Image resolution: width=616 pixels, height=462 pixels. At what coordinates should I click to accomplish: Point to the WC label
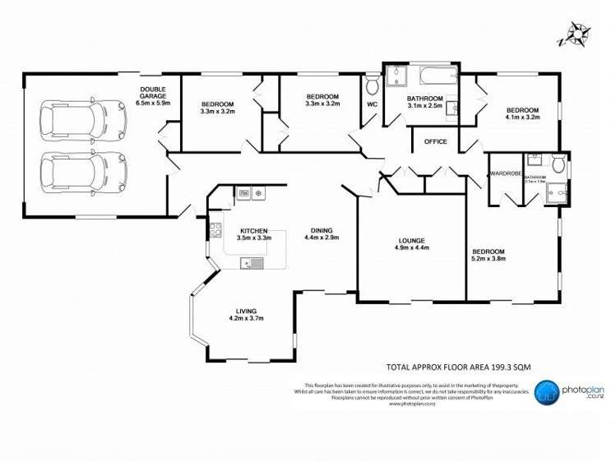[x=372, y=104]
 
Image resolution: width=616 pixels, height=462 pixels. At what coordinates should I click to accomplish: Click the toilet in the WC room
[x=372, y=85]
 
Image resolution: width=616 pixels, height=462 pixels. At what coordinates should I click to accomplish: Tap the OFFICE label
[x=435, y=141]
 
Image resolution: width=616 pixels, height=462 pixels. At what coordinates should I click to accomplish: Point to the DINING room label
[x=321, y=230]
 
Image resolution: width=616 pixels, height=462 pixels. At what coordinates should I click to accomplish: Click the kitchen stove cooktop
[x=215, y=231]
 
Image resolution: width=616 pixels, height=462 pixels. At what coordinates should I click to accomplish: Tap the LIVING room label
[x=244, y=310]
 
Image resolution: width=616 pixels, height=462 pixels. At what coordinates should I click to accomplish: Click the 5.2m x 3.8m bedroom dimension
[x=488, y=258]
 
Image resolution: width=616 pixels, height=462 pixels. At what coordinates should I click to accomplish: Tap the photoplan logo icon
[x=548, y=394]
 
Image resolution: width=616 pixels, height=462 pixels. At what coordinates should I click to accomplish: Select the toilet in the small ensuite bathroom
[x=558, y=164]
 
